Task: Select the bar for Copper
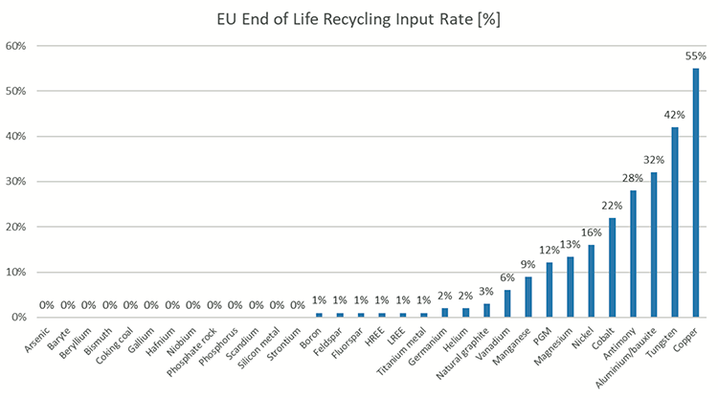click(695, 192)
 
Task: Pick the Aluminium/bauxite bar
click(654, 245)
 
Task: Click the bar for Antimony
click(633, 254)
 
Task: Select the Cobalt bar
click(612, 267)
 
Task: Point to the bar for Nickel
click(591, 281)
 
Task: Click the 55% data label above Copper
click(695, 56)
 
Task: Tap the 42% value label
click(674, 115)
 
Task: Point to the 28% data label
click(633, 179)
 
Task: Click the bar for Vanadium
click(507, 303)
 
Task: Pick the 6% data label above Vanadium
click(507, 278)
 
